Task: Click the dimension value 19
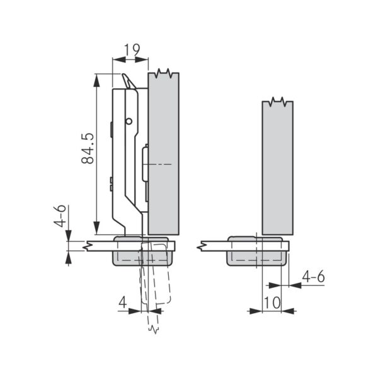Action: point(132,50)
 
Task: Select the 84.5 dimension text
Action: point(88,149)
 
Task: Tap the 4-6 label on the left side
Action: point(60,216)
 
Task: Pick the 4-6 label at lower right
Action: point(313,277)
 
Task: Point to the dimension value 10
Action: point(272,303)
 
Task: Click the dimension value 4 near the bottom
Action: point(123,302)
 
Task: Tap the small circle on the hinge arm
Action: point(129,121)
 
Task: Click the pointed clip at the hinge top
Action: point(129,81)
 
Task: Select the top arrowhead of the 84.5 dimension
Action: point(96,81)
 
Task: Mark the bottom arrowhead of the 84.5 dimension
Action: point(96,228)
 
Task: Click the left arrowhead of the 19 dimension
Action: point(119,59)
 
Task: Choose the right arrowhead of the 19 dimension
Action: point(142,59)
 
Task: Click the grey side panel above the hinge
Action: point(163,153)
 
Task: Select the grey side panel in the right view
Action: point(278,168)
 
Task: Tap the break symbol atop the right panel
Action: point(278,101)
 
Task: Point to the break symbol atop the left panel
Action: point(163,73)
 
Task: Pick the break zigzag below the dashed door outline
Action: point(154,329)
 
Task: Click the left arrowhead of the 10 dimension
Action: point(256,311)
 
